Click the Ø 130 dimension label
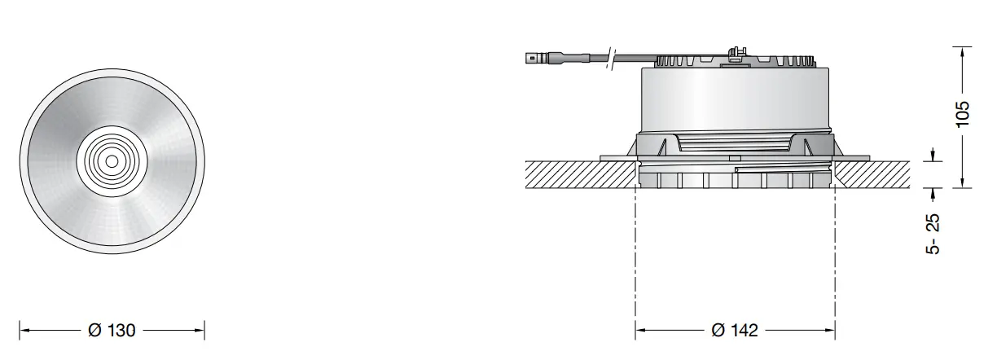pos(112,331)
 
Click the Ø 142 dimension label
pos(734,331)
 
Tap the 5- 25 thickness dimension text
pos(933,234)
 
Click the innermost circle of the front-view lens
pos(111,161)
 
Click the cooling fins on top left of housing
pos(680,62)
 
